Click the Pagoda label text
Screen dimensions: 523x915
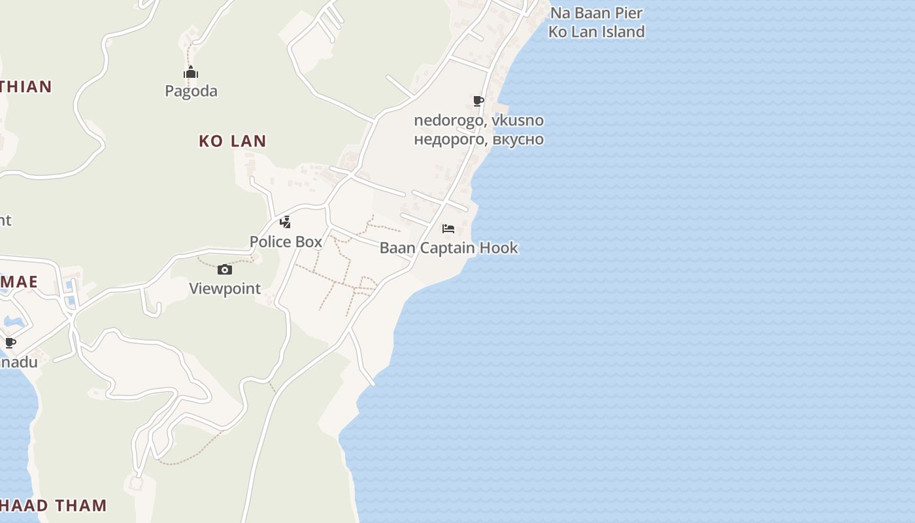coord(191,91)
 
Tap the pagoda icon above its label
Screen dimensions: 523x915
coord(191,72)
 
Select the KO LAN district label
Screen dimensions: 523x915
coord(232,141)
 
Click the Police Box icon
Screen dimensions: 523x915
coord(285,222)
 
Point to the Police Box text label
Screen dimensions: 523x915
coord(286,241)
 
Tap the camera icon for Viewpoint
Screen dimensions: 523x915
coord(224,269)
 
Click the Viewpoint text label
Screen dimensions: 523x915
coord(225,288)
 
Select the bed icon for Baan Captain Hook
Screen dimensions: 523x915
coord(448,228)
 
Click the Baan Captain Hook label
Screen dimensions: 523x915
coord(448,248)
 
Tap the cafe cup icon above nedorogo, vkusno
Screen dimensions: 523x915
coord(478,101)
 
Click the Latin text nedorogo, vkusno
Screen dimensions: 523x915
coord(478,120)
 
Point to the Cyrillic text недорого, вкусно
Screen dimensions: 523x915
coord(478,139)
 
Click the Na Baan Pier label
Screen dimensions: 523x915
coord(596,13)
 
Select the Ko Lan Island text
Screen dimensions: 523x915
coord(596,31)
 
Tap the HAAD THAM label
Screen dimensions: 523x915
coord(54,505)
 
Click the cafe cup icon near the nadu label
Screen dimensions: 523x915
coord(10,343)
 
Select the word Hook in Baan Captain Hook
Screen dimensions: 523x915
coord(499,248)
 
